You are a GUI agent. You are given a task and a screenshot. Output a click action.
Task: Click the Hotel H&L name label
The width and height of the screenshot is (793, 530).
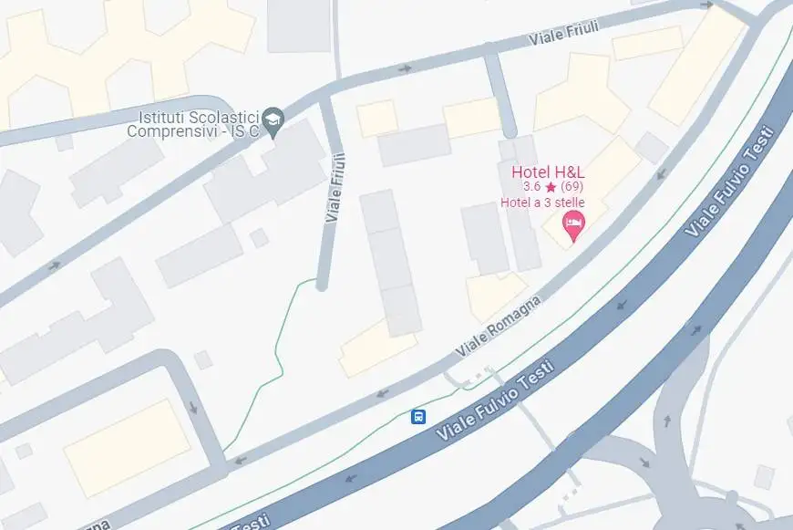[x=548, y=171]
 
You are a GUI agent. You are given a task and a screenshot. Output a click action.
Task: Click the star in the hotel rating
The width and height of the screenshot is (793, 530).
[x=551, y=187]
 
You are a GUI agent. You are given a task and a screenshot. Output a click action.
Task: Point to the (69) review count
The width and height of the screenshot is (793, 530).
[x=572, y=187]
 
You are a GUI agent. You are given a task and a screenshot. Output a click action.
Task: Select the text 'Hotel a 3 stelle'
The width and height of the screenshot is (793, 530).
[x=541, y=202]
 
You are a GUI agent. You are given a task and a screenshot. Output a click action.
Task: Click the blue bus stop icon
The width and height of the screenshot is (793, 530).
[x=418, y=417]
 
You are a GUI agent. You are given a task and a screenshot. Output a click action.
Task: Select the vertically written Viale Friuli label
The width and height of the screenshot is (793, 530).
[x=335, y=186]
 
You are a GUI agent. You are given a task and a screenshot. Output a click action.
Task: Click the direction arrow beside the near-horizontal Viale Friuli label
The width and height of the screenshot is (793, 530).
[x=405, y=68]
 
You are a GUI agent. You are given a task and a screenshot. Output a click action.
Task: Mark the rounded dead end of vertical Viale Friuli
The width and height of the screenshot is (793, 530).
[x=321, y=285]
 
